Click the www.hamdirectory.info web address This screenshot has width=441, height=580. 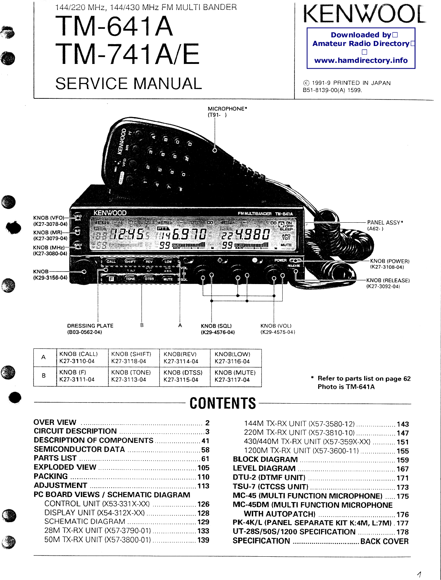[361, 60]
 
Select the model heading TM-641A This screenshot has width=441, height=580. [114, 26]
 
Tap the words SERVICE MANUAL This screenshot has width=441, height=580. [129, 84]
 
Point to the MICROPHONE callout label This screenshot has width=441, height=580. [227, 108]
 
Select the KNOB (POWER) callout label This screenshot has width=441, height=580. [390, 261]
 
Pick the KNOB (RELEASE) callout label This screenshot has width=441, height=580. [388, 280]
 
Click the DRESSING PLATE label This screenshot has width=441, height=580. [90, 326]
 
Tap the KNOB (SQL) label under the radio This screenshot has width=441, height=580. [216, 326]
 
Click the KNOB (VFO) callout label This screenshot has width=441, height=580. [49, 218]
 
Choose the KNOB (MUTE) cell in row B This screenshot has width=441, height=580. [235, 376]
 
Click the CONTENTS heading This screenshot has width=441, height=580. [223, 404]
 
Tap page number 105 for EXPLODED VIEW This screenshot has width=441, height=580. [203, 468]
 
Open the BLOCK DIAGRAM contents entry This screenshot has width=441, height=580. [265, 460]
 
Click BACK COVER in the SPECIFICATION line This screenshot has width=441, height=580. [384, 541]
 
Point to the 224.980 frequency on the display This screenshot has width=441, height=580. [246, 235]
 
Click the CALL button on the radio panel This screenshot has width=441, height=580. [111, 261]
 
